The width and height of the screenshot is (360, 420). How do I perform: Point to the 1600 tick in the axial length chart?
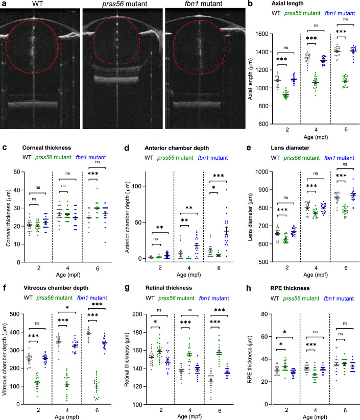(265, 33)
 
